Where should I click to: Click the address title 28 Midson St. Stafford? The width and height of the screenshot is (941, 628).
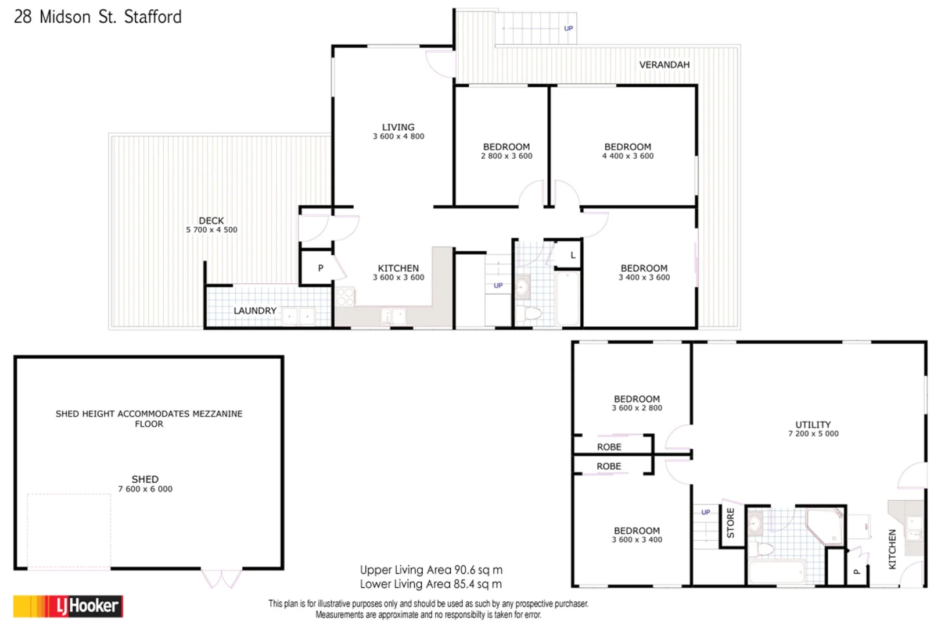pos(98,17)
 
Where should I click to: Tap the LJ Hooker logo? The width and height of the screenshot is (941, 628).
pos(68,606)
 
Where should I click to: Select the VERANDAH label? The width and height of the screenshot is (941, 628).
pos(664,65)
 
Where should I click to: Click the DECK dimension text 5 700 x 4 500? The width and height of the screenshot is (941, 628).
pos(211,230)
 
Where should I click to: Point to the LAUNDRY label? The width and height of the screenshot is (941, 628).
pos(255,311)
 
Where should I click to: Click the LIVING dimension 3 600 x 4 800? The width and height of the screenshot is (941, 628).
pos(398,136)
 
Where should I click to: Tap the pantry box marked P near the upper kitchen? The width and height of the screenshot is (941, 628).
pos(320,268)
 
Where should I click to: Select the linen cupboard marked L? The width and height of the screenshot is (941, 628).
pos(573,255)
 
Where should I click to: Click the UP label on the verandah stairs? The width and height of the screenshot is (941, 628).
pos(568,28)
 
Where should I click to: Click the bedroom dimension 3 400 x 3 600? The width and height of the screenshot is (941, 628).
pos(644,277)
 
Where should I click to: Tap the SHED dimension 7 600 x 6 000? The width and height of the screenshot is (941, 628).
pos(145,489)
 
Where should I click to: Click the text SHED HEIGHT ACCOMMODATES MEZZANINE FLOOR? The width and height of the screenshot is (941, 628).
pos(149,418)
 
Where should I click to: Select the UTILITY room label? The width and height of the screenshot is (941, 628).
pos(813,424)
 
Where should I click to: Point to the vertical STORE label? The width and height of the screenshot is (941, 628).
pos(731,522)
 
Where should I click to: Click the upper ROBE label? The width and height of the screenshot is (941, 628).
pos(609,447)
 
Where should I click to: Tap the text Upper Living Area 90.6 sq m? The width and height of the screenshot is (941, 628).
pos(431,570)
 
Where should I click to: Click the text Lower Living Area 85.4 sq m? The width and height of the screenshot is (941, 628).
pos(430,584)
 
